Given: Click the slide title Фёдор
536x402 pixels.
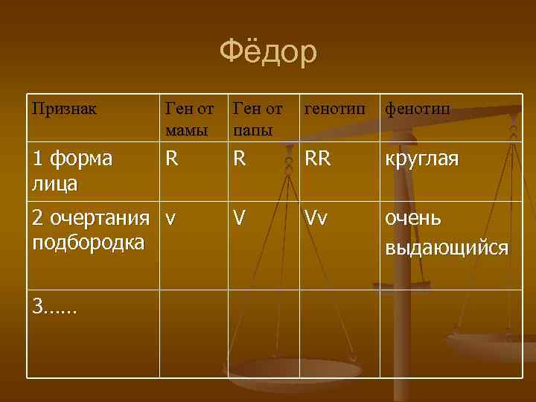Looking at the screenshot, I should click(268, 52).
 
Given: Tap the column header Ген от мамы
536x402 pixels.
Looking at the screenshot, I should click(189, 119).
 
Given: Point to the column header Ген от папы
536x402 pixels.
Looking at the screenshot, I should click(257, 119).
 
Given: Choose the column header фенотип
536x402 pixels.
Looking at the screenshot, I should click(417, 109).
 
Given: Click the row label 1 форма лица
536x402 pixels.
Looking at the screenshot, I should click(72, 170).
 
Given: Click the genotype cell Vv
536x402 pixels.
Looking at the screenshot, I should click(316, 220).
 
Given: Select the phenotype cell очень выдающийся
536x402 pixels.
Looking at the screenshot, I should click(445, 232).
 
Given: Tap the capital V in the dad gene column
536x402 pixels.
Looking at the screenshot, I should click(239, 219).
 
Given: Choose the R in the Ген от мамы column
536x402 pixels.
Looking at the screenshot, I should click(172, 159).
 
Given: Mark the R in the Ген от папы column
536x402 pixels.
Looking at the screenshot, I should click(240, 159).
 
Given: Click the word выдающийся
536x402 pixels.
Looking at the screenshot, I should click(445, 246).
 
